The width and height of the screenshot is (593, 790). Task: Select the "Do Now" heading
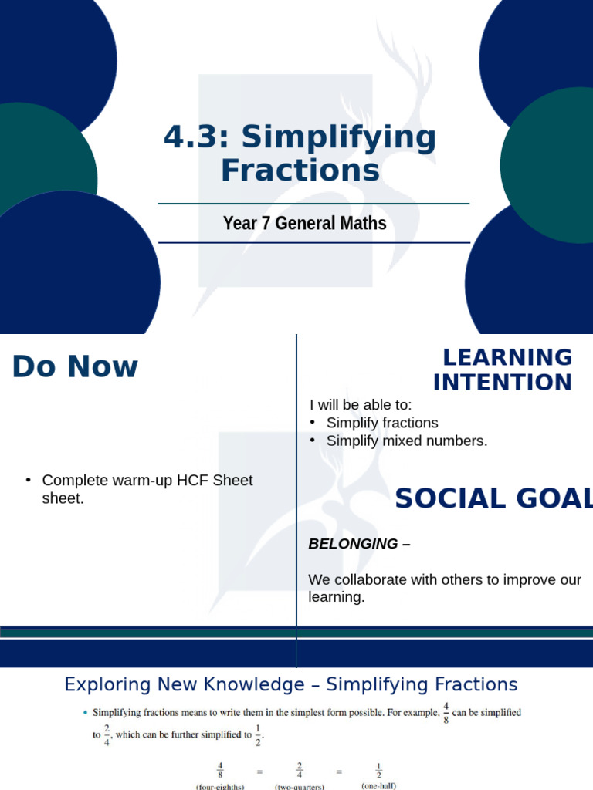[75, 367]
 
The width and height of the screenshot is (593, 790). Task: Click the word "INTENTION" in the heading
[503, 382]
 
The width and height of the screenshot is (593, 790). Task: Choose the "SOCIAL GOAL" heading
[493, 499]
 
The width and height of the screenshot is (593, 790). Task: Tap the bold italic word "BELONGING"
[354, 544]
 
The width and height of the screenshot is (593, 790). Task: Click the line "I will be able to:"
[361, 405]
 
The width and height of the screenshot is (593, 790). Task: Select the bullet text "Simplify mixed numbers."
[407, 441]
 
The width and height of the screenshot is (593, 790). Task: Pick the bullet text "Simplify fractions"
[382, 423]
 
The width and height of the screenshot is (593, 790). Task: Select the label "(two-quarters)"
[299, 785]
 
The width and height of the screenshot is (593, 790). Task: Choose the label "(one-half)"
[379, 785]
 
